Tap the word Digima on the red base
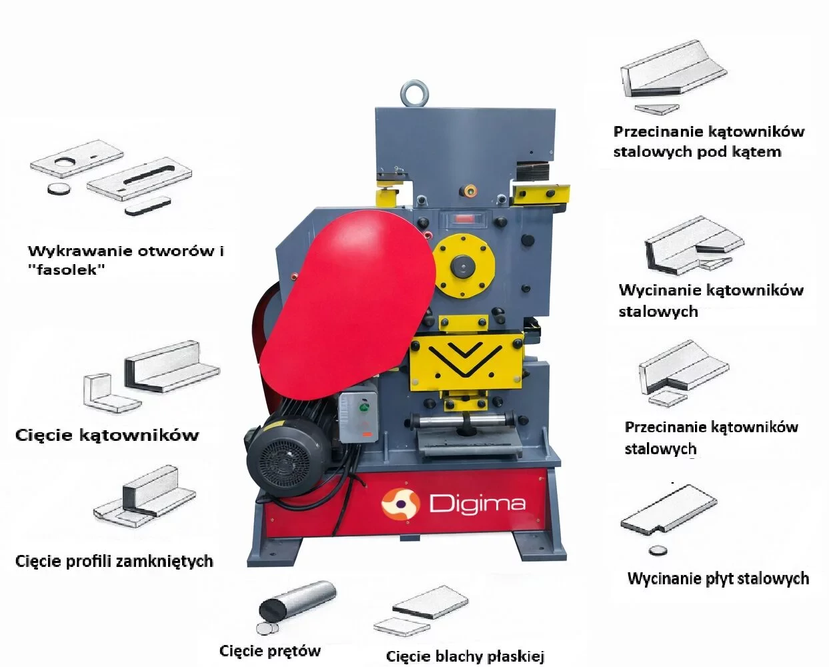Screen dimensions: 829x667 pyautogui.click(x=478, y=504)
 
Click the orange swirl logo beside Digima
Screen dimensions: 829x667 pyautogui.click(x=401, y=504)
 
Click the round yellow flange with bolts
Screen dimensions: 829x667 pyautogui.click(x=464, y=265)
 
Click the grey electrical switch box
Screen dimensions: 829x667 pyautogui.click(x=358, y=417)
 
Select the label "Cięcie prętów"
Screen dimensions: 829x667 pyautogui.click(x=270, y=651)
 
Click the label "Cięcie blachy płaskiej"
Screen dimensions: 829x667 pyautogui.click(x=465, y=656)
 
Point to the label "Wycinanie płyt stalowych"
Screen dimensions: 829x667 pyautogui.click(x=718, y=578)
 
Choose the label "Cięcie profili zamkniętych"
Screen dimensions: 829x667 pyautogui.click(x=114, y=561)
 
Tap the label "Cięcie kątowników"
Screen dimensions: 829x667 pyautogui.click(x=107, y=436)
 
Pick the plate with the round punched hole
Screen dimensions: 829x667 pyautogui.click(x=77, y=159)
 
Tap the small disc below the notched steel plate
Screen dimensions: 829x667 pyautogui.click(x=658, y=551)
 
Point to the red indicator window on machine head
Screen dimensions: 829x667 pyautogui.click(x=466, y=219)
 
